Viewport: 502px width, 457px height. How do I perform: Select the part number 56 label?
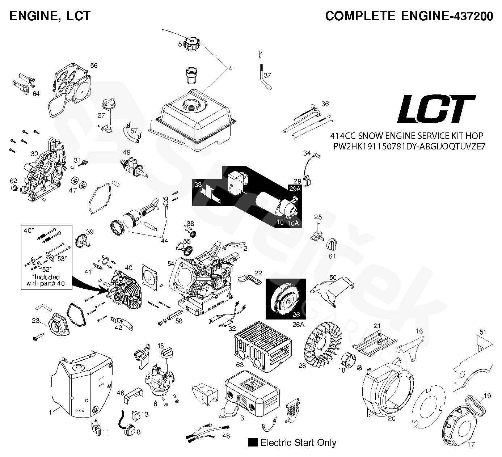click(94, 65)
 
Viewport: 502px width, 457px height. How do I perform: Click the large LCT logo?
click(436, 109)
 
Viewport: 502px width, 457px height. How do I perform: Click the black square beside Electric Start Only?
click(253, 443)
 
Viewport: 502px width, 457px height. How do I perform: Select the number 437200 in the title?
click(472, 16)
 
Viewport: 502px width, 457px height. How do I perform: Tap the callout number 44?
click(164, 241)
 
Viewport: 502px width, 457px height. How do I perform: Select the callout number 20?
click(392, 418)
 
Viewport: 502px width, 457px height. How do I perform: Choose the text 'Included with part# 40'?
click(46, 280)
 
